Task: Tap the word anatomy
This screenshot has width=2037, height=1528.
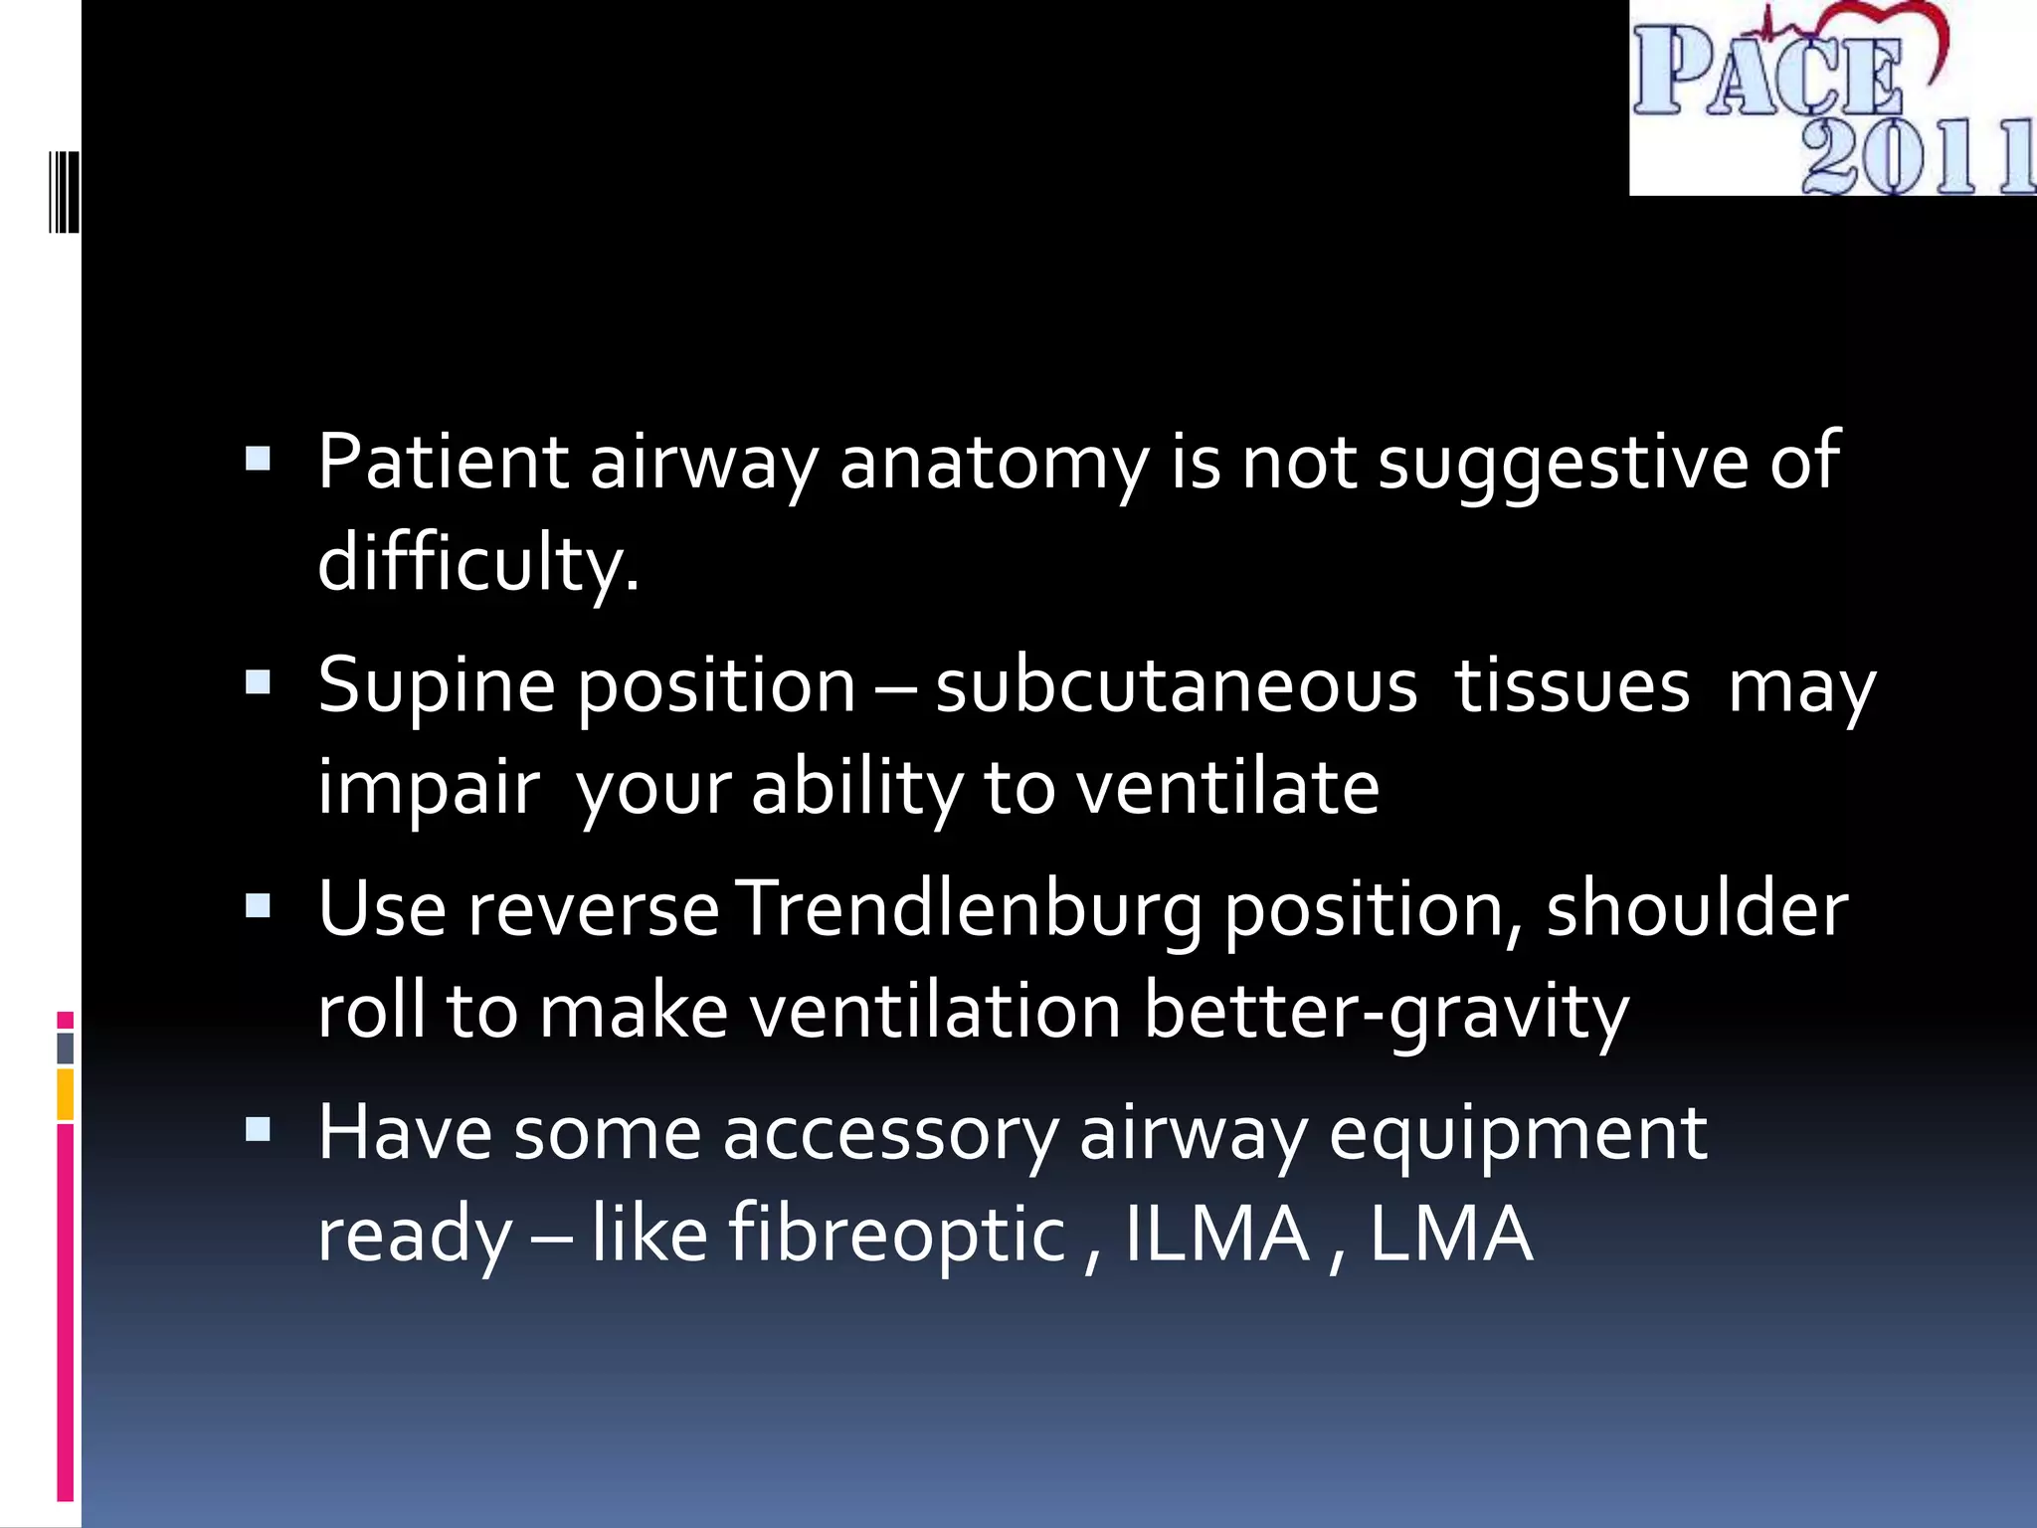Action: point(994,464)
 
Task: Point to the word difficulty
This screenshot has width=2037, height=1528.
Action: point(477,563)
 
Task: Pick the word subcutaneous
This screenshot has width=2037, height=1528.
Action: point(1176,686)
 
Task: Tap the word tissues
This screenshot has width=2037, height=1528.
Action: point(1572,686)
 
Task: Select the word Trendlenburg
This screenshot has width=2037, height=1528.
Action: point(972,911)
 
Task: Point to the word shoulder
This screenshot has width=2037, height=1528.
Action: point(1697,909)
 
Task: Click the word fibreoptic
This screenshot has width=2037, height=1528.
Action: point(897,1235)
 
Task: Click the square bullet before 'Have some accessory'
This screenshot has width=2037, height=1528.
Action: point(258,1129)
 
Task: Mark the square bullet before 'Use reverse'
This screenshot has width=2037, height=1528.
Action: point(258,905)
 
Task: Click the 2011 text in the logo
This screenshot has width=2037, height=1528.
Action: point(1915,157)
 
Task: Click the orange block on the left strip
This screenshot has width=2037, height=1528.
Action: point(65,1093)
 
